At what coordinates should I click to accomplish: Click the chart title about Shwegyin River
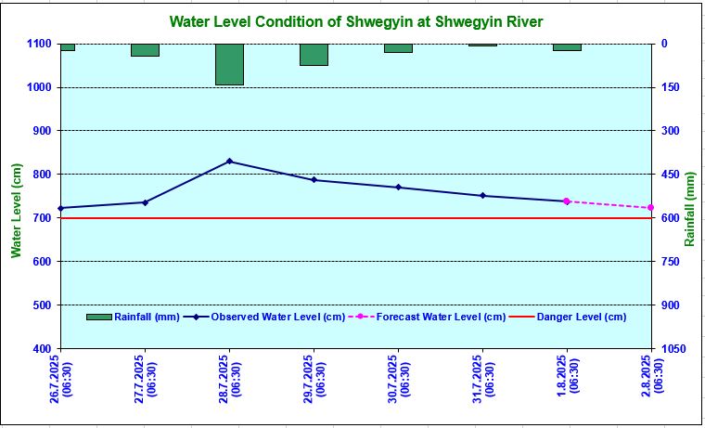pos(356,21)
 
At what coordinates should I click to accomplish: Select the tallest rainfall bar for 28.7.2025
pos(229,64)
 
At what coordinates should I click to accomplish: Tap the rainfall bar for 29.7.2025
pos(314,54)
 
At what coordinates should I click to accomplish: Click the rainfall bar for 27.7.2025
pos(145,49)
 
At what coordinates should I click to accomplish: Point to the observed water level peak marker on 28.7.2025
pos(229,162)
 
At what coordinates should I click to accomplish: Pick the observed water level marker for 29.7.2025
pos(314,180)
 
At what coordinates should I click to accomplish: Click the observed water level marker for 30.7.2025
pos(398,188)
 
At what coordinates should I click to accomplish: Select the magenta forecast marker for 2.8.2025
pos(650,208)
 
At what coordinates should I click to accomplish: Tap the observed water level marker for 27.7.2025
pos(145,202)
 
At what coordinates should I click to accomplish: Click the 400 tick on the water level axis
pos(43,349)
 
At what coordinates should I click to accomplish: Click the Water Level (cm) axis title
pos(16,210)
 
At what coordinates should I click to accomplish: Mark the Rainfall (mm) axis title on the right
pos(690,210)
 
